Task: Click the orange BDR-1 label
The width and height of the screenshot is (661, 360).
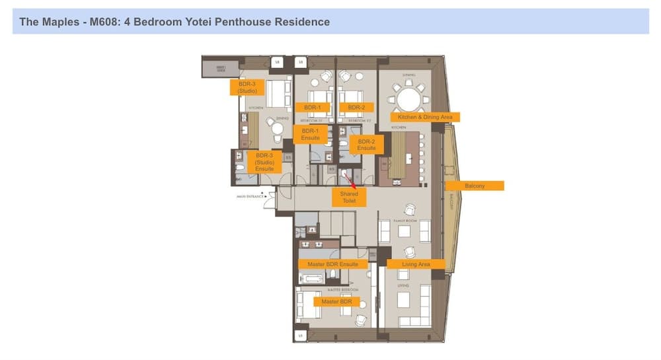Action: click(x=308, y=107)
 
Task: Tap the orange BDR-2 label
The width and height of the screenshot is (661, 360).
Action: click(x=356, y=107)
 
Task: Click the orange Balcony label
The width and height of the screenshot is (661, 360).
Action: click(x=475, y=186)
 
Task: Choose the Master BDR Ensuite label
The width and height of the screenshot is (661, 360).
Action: click(x=332, y=264)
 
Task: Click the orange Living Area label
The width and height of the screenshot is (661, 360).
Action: click(x=416, y=264)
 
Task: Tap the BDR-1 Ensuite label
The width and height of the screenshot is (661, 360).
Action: click(x=310, y=135)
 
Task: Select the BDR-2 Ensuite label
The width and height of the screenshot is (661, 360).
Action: click(x=366, y=145)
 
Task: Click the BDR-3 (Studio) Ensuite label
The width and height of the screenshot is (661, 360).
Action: click(x=264, y=162)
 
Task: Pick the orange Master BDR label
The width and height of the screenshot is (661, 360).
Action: click(x=336, y=301)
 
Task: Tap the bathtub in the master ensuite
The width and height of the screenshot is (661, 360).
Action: click(x=311, y=278)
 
